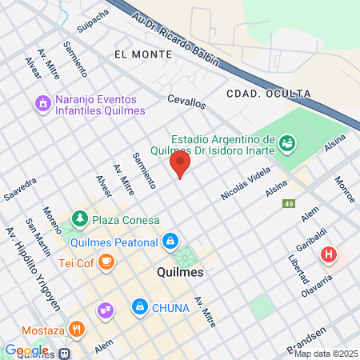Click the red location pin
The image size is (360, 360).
point(180,164)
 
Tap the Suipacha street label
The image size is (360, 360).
point(92,21)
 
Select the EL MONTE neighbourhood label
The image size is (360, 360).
point(143,54)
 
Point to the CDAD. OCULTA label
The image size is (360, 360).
point(268,94)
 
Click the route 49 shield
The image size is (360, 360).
point(288,205)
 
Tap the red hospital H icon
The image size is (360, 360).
point(328,256)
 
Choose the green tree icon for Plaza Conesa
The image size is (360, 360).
point(79,218)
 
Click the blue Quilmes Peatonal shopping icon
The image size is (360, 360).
point(170,240)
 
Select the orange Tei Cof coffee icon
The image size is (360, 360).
point(106,261)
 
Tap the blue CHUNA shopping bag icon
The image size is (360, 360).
point(140,306)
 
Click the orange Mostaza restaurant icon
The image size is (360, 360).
point(76,328)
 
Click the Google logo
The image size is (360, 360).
point(26,350)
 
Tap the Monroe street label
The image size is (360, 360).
point(345,190)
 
